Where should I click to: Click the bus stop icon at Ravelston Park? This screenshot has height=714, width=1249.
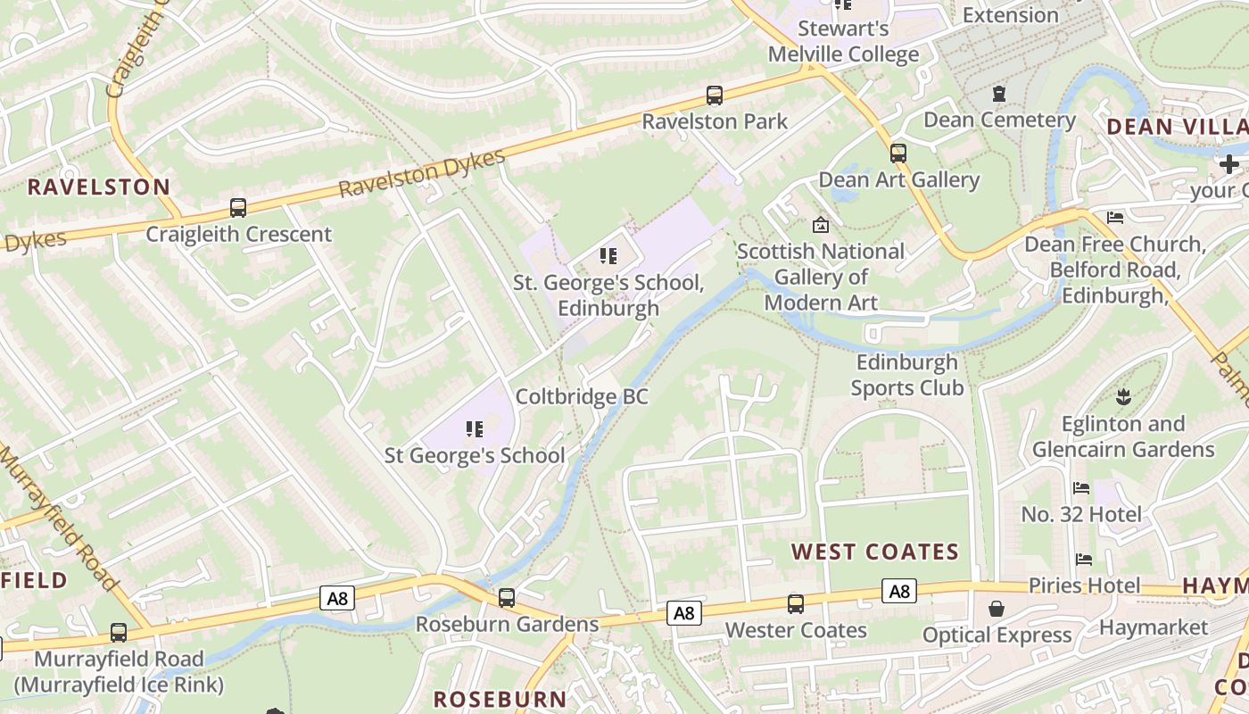coord(714,95)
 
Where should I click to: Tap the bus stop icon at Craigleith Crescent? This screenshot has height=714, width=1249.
coord(238,208)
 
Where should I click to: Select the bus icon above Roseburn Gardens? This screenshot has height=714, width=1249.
coord(507,598)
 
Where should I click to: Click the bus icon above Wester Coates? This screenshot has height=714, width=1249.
coord(795,604)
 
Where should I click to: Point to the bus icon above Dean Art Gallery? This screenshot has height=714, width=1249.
coord(898,153)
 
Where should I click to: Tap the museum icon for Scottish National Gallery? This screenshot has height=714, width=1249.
coord(820,225)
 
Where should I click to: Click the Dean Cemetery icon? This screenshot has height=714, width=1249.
coord(999,94)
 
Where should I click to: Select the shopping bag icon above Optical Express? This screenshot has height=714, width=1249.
coord(997,609)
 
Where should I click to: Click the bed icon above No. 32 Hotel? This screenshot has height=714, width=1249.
coord(1081,488)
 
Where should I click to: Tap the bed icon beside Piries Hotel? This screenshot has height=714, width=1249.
coord(1084,560)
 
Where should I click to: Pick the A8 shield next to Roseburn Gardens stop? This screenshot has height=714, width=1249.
coord(337,598)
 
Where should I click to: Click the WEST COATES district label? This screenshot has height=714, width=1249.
coord(875,552)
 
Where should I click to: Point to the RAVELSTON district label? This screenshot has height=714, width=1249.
coord(98,187)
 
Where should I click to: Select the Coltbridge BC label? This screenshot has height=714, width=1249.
coord(582,397)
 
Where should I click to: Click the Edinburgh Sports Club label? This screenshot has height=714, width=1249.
coord(907,375)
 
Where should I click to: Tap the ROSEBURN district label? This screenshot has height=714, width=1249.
coord(500,699)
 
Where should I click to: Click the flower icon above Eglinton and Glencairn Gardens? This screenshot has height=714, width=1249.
coord(1123,396)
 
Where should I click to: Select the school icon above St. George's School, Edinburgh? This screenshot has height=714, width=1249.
coord(608,257)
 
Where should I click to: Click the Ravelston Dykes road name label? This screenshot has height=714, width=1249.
coord(422,174)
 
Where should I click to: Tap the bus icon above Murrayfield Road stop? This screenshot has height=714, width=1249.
coord(119,633)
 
